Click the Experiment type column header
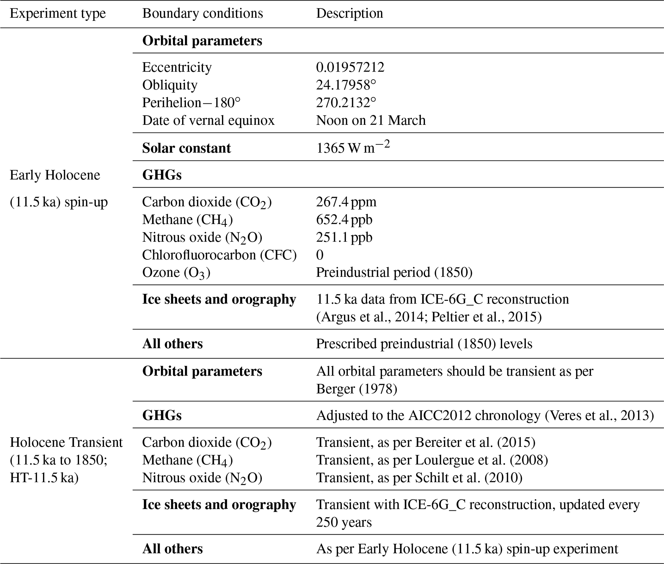click(x=58, y=13)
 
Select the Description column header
click(x=350, y=13)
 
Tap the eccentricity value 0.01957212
click(x=350, y=67)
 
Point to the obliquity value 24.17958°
click(x=346, y=85)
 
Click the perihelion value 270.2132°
click(x=346, y=103)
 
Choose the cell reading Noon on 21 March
click(x=371, y=120)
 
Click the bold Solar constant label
click(x=186, y=148)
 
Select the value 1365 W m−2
click(x=353, y=147)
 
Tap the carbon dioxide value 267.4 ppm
click(x=346, y=202)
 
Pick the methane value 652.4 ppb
click(x=344, y=220)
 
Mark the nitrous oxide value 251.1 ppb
click(x=344, y=237)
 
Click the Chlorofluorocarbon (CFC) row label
click(x=219, y=255)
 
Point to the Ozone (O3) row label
click(x=176, y=273)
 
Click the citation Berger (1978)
click(x=357, y=389)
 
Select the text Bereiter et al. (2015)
click(x=475, y=442)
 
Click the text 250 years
click(x=344, y=522)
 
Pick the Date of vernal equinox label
click(x=208, y=120)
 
